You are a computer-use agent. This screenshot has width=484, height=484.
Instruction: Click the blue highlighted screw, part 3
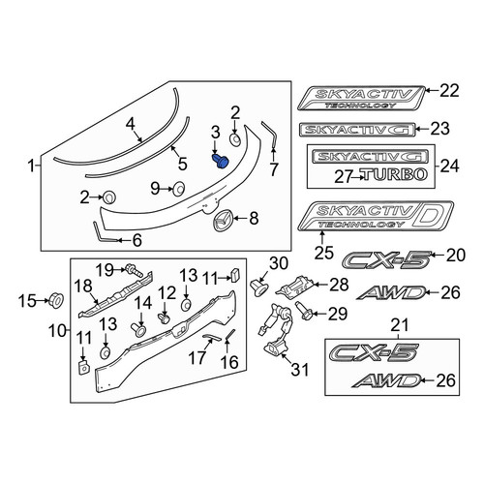pos(221,161)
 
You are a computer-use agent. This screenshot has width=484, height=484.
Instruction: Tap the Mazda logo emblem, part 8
pos(222,220)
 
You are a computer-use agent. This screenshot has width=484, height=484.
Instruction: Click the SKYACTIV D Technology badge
pos(376,217)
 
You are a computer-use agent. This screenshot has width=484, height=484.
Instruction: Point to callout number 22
pos(449,91)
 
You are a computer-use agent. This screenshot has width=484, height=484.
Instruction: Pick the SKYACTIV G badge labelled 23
pos(357,130)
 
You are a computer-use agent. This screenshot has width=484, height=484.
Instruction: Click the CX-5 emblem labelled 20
pos(386,260)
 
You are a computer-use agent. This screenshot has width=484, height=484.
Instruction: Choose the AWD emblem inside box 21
pos(387,380)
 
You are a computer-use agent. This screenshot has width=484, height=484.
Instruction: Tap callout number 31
pos(300,369)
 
